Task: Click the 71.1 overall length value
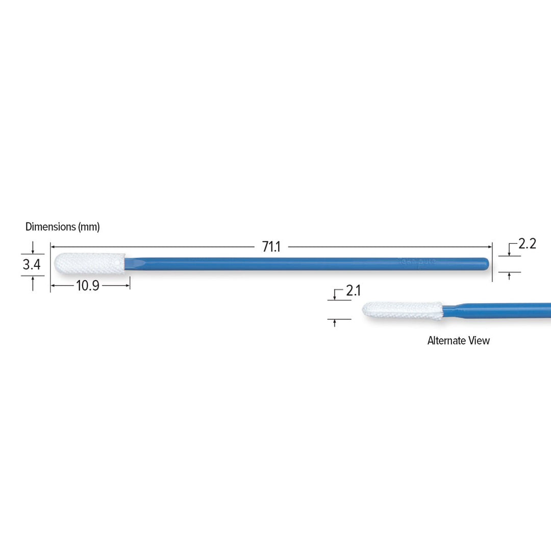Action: coord(271,247)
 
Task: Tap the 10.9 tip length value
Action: coord(87,286)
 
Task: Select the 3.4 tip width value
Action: coord(32,265)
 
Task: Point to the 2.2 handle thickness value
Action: coord(527,244)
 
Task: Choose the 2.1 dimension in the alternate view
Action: coord(353,291)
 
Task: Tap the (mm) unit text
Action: coord(89,227)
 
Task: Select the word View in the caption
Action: coord(479,341)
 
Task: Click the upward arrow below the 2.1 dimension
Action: coord(334,322)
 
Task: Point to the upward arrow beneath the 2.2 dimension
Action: coord(509,275)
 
